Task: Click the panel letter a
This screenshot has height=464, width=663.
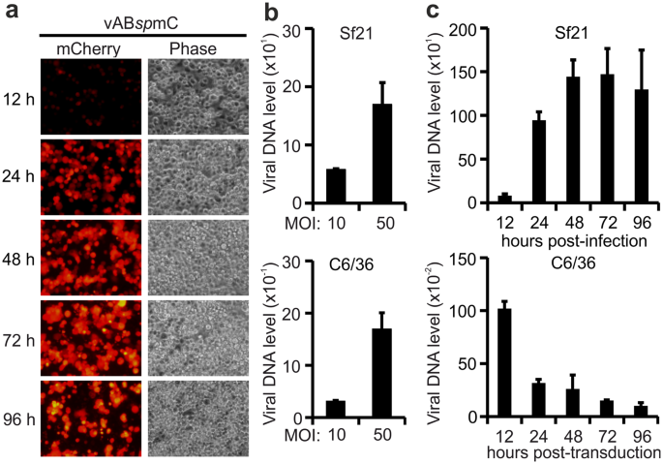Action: (11, 13)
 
